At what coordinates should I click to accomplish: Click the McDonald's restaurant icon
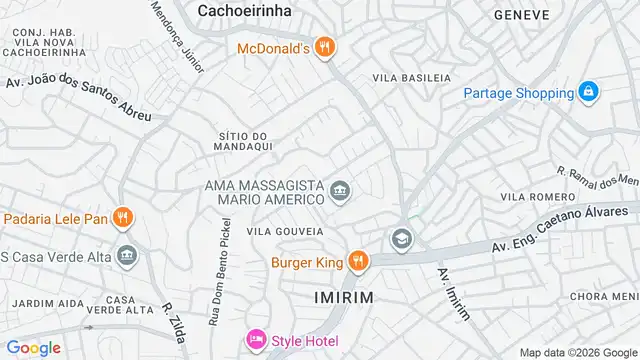[323, 47]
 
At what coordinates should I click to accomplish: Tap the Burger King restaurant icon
[357, 263]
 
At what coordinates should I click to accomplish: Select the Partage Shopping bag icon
[589, 93]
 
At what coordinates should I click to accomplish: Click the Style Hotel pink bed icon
[256, 341]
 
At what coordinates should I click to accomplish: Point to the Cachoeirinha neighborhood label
[244, 10]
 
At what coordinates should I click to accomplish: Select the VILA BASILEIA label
[406, 77]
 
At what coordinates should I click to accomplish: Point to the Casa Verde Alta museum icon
[127, 256]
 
